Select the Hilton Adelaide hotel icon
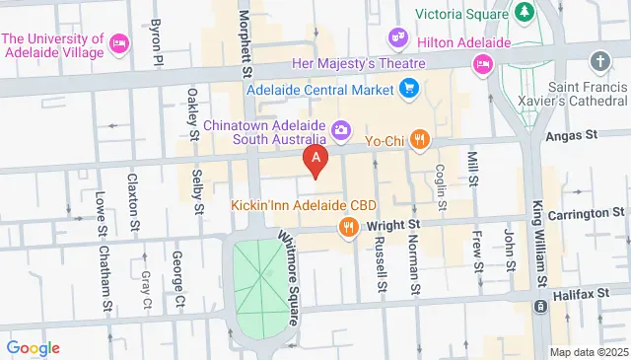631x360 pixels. pyautogui.click(x=482, y=65)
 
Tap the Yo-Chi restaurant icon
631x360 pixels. pyautogui.click(x=420, y=139)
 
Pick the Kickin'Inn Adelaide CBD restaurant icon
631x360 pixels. pyautogui.click(x=348, y=229)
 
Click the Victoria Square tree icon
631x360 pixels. pyautogui.click(x=524, y=12)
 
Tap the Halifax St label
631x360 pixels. pyautogui.click(x=593, y=281)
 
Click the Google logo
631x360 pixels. pyautogui.click(x=33, y=348)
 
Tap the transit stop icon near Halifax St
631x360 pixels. pyautogui.click(x=540, y=307)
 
